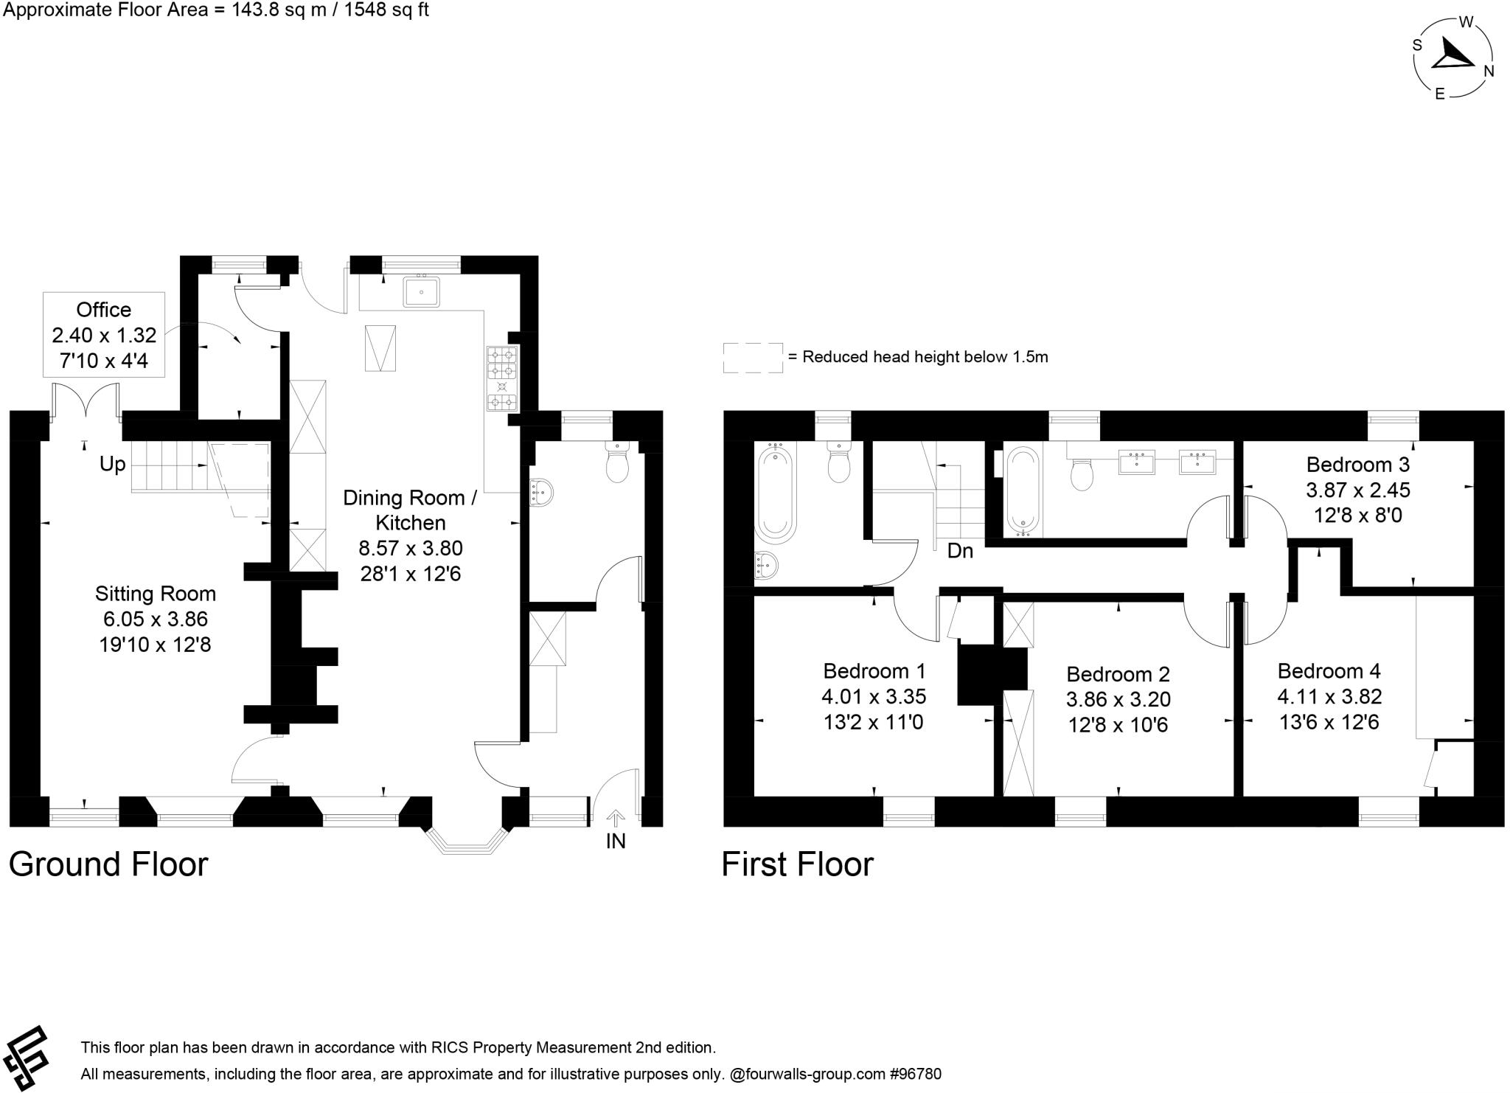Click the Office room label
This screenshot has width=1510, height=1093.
[x=104, y=310]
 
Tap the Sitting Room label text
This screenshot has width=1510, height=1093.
[x=155, y=594]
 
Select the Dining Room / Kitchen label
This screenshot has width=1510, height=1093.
[x=410, y=510]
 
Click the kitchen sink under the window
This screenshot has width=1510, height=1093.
[x=421, y=291]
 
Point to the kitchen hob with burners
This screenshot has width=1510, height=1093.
[x=501, y=378]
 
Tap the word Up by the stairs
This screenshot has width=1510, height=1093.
[x=113, y=465]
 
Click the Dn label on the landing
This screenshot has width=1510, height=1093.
[x=960, y=550]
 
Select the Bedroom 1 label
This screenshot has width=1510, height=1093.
[x=874, y=671]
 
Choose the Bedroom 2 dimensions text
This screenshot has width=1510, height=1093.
[x=1118, y=712]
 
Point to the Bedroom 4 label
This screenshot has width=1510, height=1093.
[x=1329, y=671]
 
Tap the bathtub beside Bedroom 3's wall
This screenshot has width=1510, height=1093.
[x=1022, y=490]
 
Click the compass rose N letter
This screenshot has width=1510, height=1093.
[x=1488, y=71]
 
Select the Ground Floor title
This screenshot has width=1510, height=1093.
[x=108, y=864]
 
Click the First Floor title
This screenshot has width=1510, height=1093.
[x=797, y=864]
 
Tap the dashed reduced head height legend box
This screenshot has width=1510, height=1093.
[x=752, y=358]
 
